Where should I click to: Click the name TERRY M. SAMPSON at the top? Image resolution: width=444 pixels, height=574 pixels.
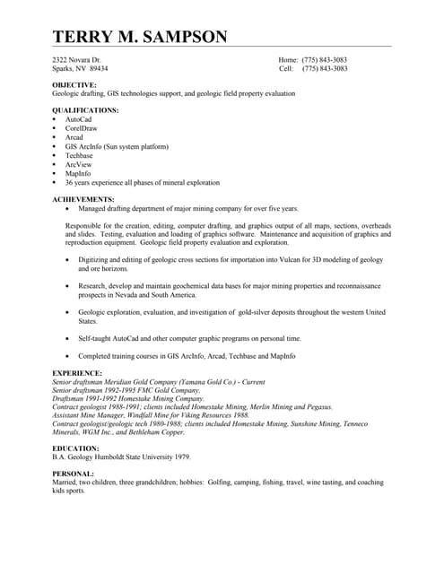tap(140, 37)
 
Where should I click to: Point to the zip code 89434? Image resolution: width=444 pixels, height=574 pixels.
tap(97, 68)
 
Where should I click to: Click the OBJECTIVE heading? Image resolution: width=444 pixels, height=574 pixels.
tap(74, 84)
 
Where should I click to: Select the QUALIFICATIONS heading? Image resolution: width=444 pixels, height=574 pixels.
tap(85, 109)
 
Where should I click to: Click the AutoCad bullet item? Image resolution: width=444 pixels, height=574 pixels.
tap(78, 118)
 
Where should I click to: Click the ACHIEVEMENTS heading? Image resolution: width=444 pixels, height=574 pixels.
tap(83, 198)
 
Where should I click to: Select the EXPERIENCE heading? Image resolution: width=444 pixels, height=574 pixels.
tap(77, 372)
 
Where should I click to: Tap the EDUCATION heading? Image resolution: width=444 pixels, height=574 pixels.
tap(75, 448)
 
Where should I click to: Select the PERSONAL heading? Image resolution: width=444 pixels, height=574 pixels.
tap(73, 474)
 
